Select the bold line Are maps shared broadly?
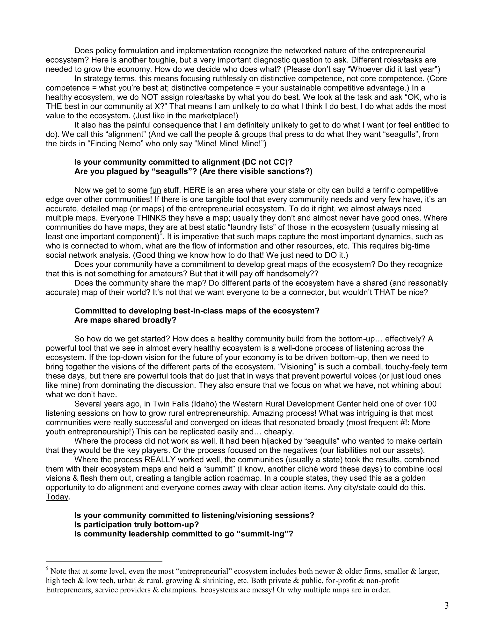(125, 320)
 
